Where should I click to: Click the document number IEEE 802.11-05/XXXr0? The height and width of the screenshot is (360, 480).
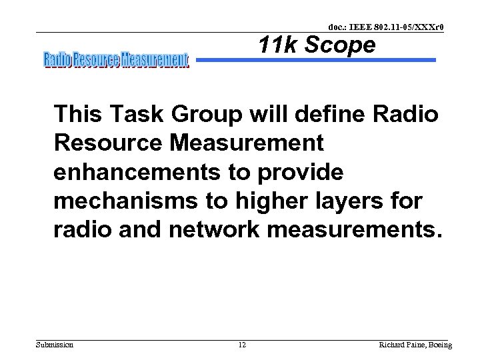tap(386, 27)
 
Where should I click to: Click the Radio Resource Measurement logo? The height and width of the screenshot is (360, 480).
tap(116, 61)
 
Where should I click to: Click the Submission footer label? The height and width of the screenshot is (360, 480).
tap(55, 345)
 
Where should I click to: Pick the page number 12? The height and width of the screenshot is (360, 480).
tap(242, 345)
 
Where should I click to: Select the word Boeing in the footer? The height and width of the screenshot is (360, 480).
tap(438, 345)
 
